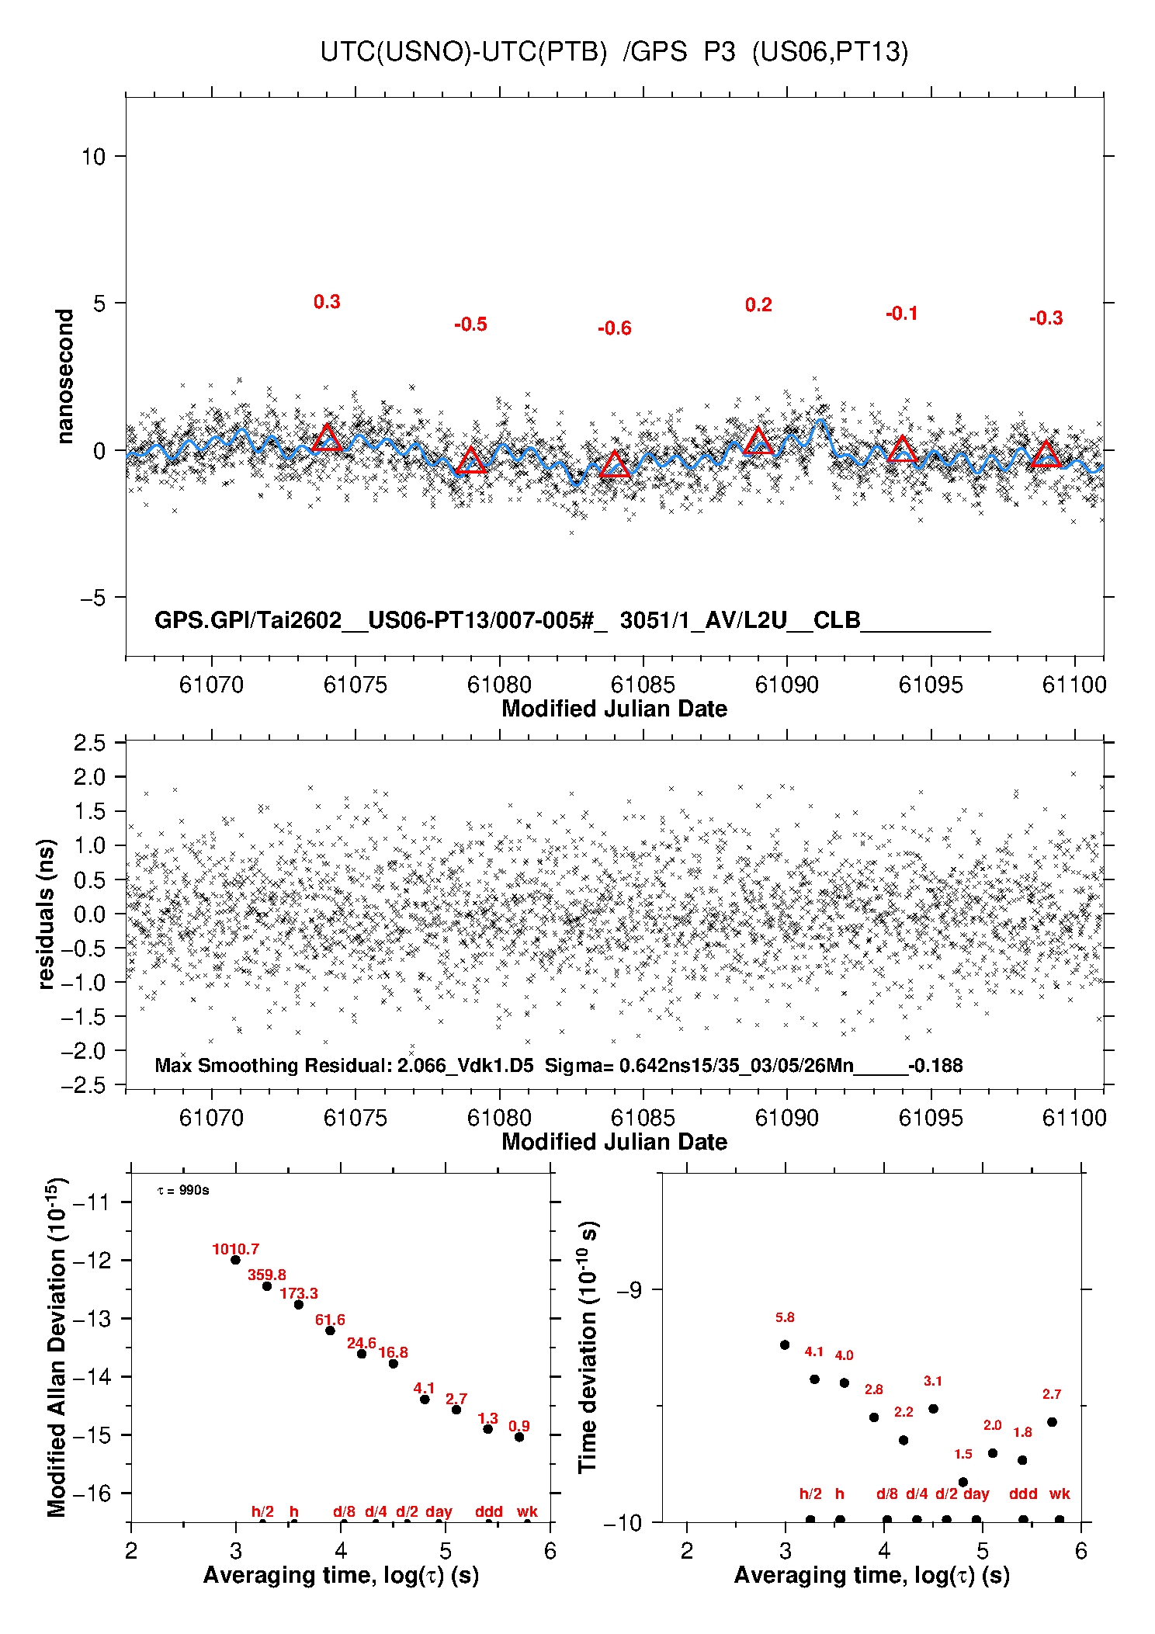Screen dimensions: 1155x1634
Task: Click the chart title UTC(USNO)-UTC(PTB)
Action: pyautogui.click(x=463, y=52)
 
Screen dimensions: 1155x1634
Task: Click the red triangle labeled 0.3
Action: pyautogui.click(x=327, y=438)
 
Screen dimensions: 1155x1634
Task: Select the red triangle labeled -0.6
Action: pyautogui.click(x=615, y=463)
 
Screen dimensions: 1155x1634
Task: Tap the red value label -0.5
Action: pyautogui.click(x=470, y=324)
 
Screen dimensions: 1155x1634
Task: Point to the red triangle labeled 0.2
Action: pyautogui.click(x=758, y=440)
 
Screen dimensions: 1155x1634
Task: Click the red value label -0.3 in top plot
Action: pyautogui.click(x=1046, y=318)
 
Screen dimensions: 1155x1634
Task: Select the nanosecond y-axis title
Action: pyautogui.click(x=64, y=376)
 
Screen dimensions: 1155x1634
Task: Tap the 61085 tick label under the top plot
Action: pyautogui.click(x=643, y=685)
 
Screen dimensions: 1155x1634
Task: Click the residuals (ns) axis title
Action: pyautogui.click(x=47, y=914)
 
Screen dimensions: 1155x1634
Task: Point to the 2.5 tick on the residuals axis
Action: pyautogui.click(x=89, y=743)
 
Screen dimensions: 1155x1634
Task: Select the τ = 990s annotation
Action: pyautogui.click(x=183, y=1190)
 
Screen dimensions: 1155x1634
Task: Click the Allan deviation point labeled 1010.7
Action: pyautogui.click(x=235, y=1260)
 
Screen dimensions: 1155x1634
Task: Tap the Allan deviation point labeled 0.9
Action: pyautogui.click(x=519, y=1437)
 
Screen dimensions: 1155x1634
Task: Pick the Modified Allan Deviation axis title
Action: pyautogui.click(x=57, y=1347)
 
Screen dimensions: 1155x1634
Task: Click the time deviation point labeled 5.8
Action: pyautogui.click(x=785, y=1344)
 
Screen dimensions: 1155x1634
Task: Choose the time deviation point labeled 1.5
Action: pyautogui.click(x=963, y=1482)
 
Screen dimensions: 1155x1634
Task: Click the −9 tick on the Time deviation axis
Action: pyautogui.click(x=630, y=1289)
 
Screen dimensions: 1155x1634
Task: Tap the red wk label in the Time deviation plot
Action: pyautogui.click(x=1060, y=1493)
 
